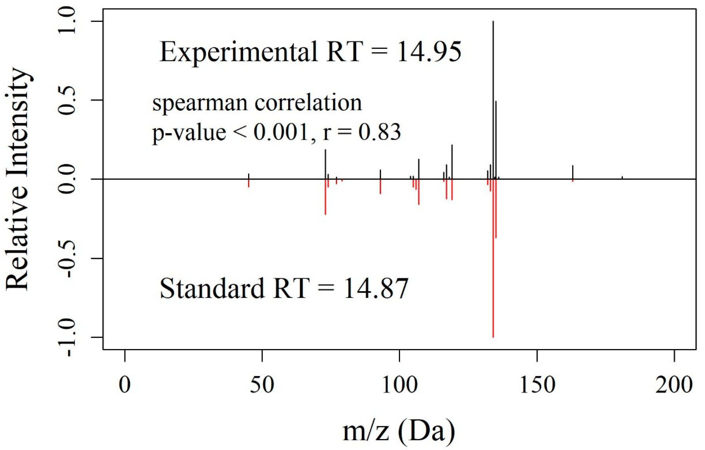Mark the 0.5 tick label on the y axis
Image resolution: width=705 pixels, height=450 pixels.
pos(69,100)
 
